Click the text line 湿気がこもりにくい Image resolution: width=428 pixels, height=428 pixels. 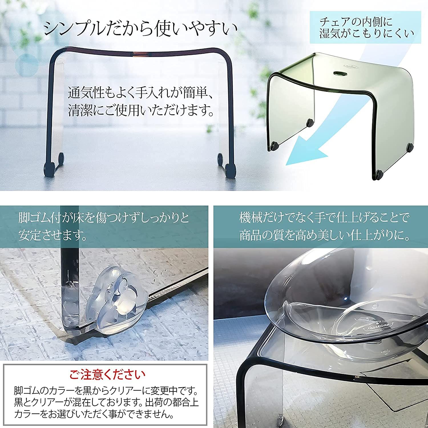pyautogui.click(x=366, y=34)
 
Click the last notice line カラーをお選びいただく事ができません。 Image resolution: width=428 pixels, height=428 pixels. pyautogui.click(x=94, y=413)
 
